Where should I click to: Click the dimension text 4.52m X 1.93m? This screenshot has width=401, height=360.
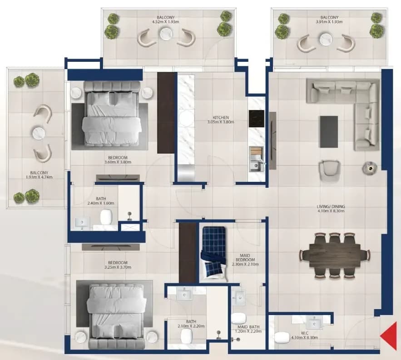pos(165,22)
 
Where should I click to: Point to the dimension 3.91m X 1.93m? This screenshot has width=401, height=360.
pos(329,22)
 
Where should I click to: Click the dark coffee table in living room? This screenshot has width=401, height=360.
pos(329,132)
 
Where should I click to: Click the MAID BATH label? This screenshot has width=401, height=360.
pos(248,327)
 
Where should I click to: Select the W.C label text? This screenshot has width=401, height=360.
pos(304,333)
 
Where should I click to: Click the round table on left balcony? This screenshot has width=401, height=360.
pos(39,133)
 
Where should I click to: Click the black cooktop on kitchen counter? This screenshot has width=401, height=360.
pos(256,119)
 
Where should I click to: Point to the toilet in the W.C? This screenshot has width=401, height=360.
pos(282,337)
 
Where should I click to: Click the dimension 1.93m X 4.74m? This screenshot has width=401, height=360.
pos(39,177)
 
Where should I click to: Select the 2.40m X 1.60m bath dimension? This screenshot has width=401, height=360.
pos(101,203)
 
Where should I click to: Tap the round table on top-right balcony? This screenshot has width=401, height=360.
pos(326,40)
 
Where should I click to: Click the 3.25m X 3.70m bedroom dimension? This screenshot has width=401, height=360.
pos(118,267)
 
